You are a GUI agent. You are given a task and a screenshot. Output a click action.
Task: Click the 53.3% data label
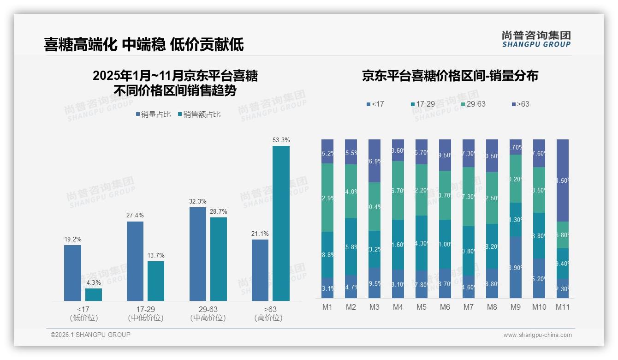pyautogui.click(x=281, y=140)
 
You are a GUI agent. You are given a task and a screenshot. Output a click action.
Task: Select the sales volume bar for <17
pyautogui.click(x=72, y=273)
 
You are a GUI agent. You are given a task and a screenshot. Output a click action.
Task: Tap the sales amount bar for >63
pyautogui.click(x=281, y=223)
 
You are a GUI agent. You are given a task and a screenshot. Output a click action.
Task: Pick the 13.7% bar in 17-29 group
pyautogui.click(x=156, y=281)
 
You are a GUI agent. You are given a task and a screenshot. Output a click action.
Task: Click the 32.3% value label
pyautogui.click(x=197, y=201)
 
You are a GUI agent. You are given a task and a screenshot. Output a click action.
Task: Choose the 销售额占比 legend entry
pyautogui.click(x=199, y=114)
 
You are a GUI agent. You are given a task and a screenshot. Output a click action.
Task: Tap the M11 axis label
pyautogui.click(x=562, y=307)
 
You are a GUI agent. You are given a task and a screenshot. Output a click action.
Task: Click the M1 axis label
pyautogui.click(x=327, y=307)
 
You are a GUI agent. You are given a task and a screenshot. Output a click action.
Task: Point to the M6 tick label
pyautogui.click(x=445, y=307)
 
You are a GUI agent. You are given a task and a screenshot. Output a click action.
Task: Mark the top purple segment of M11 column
pyautogui.click(x=562, y=180)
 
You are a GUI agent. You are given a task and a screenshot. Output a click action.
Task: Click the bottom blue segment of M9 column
pyautogui.click(x=515, y=267)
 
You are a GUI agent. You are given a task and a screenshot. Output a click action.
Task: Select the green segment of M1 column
pyautogui.click(x=327, y=198)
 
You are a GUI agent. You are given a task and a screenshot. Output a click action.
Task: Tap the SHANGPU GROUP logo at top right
pyautogui.click(x=536, y=39)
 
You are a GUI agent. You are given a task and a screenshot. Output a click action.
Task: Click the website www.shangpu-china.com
pyautogui.click(x=537, y=335)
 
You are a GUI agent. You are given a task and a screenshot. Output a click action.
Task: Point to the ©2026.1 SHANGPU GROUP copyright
pyautogui.click(x=90, y=335)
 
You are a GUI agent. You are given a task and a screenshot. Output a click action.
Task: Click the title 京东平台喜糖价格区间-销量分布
pyautogui.click(x=450, y=76)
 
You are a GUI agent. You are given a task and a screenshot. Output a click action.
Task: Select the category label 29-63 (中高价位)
pyautogui.click(x=208, y=313)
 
